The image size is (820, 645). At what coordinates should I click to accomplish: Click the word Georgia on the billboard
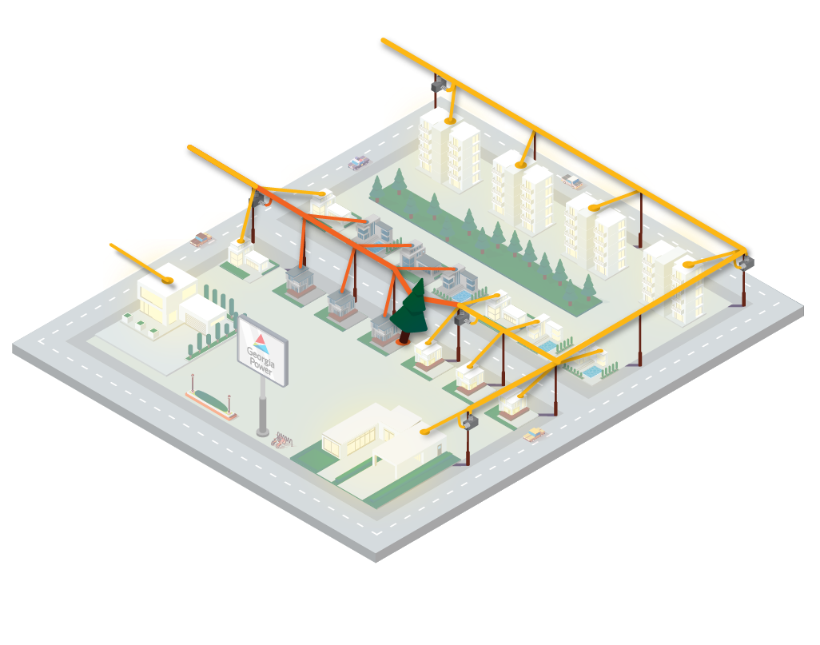point(261,355)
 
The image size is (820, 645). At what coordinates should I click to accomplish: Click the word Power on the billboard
point(261,364)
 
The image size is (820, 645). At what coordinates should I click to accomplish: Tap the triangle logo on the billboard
point(260,344)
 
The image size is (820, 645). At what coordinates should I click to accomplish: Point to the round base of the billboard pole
point(262,432)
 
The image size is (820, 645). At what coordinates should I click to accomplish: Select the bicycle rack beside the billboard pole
point(281,440)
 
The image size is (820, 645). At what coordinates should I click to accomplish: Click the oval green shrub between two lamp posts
point(210,400)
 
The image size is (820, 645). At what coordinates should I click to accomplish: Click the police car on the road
point(359,163)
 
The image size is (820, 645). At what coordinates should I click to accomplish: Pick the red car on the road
point(202,240)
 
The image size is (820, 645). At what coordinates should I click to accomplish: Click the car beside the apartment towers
point(572,181)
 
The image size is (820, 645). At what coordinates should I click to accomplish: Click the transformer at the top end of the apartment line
point(438,85)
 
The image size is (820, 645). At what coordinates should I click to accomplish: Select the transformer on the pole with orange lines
point(258,199)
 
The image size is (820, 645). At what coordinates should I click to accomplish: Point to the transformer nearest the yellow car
point(470,421)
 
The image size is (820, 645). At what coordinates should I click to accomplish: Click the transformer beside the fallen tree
point(461,317)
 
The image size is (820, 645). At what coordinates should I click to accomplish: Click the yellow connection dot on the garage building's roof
point(167,281)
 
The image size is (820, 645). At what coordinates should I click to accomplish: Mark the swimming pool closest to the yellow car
point(592,372)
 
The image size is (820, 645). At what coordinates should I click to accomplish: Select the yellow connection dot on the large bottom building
point(424,432)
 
